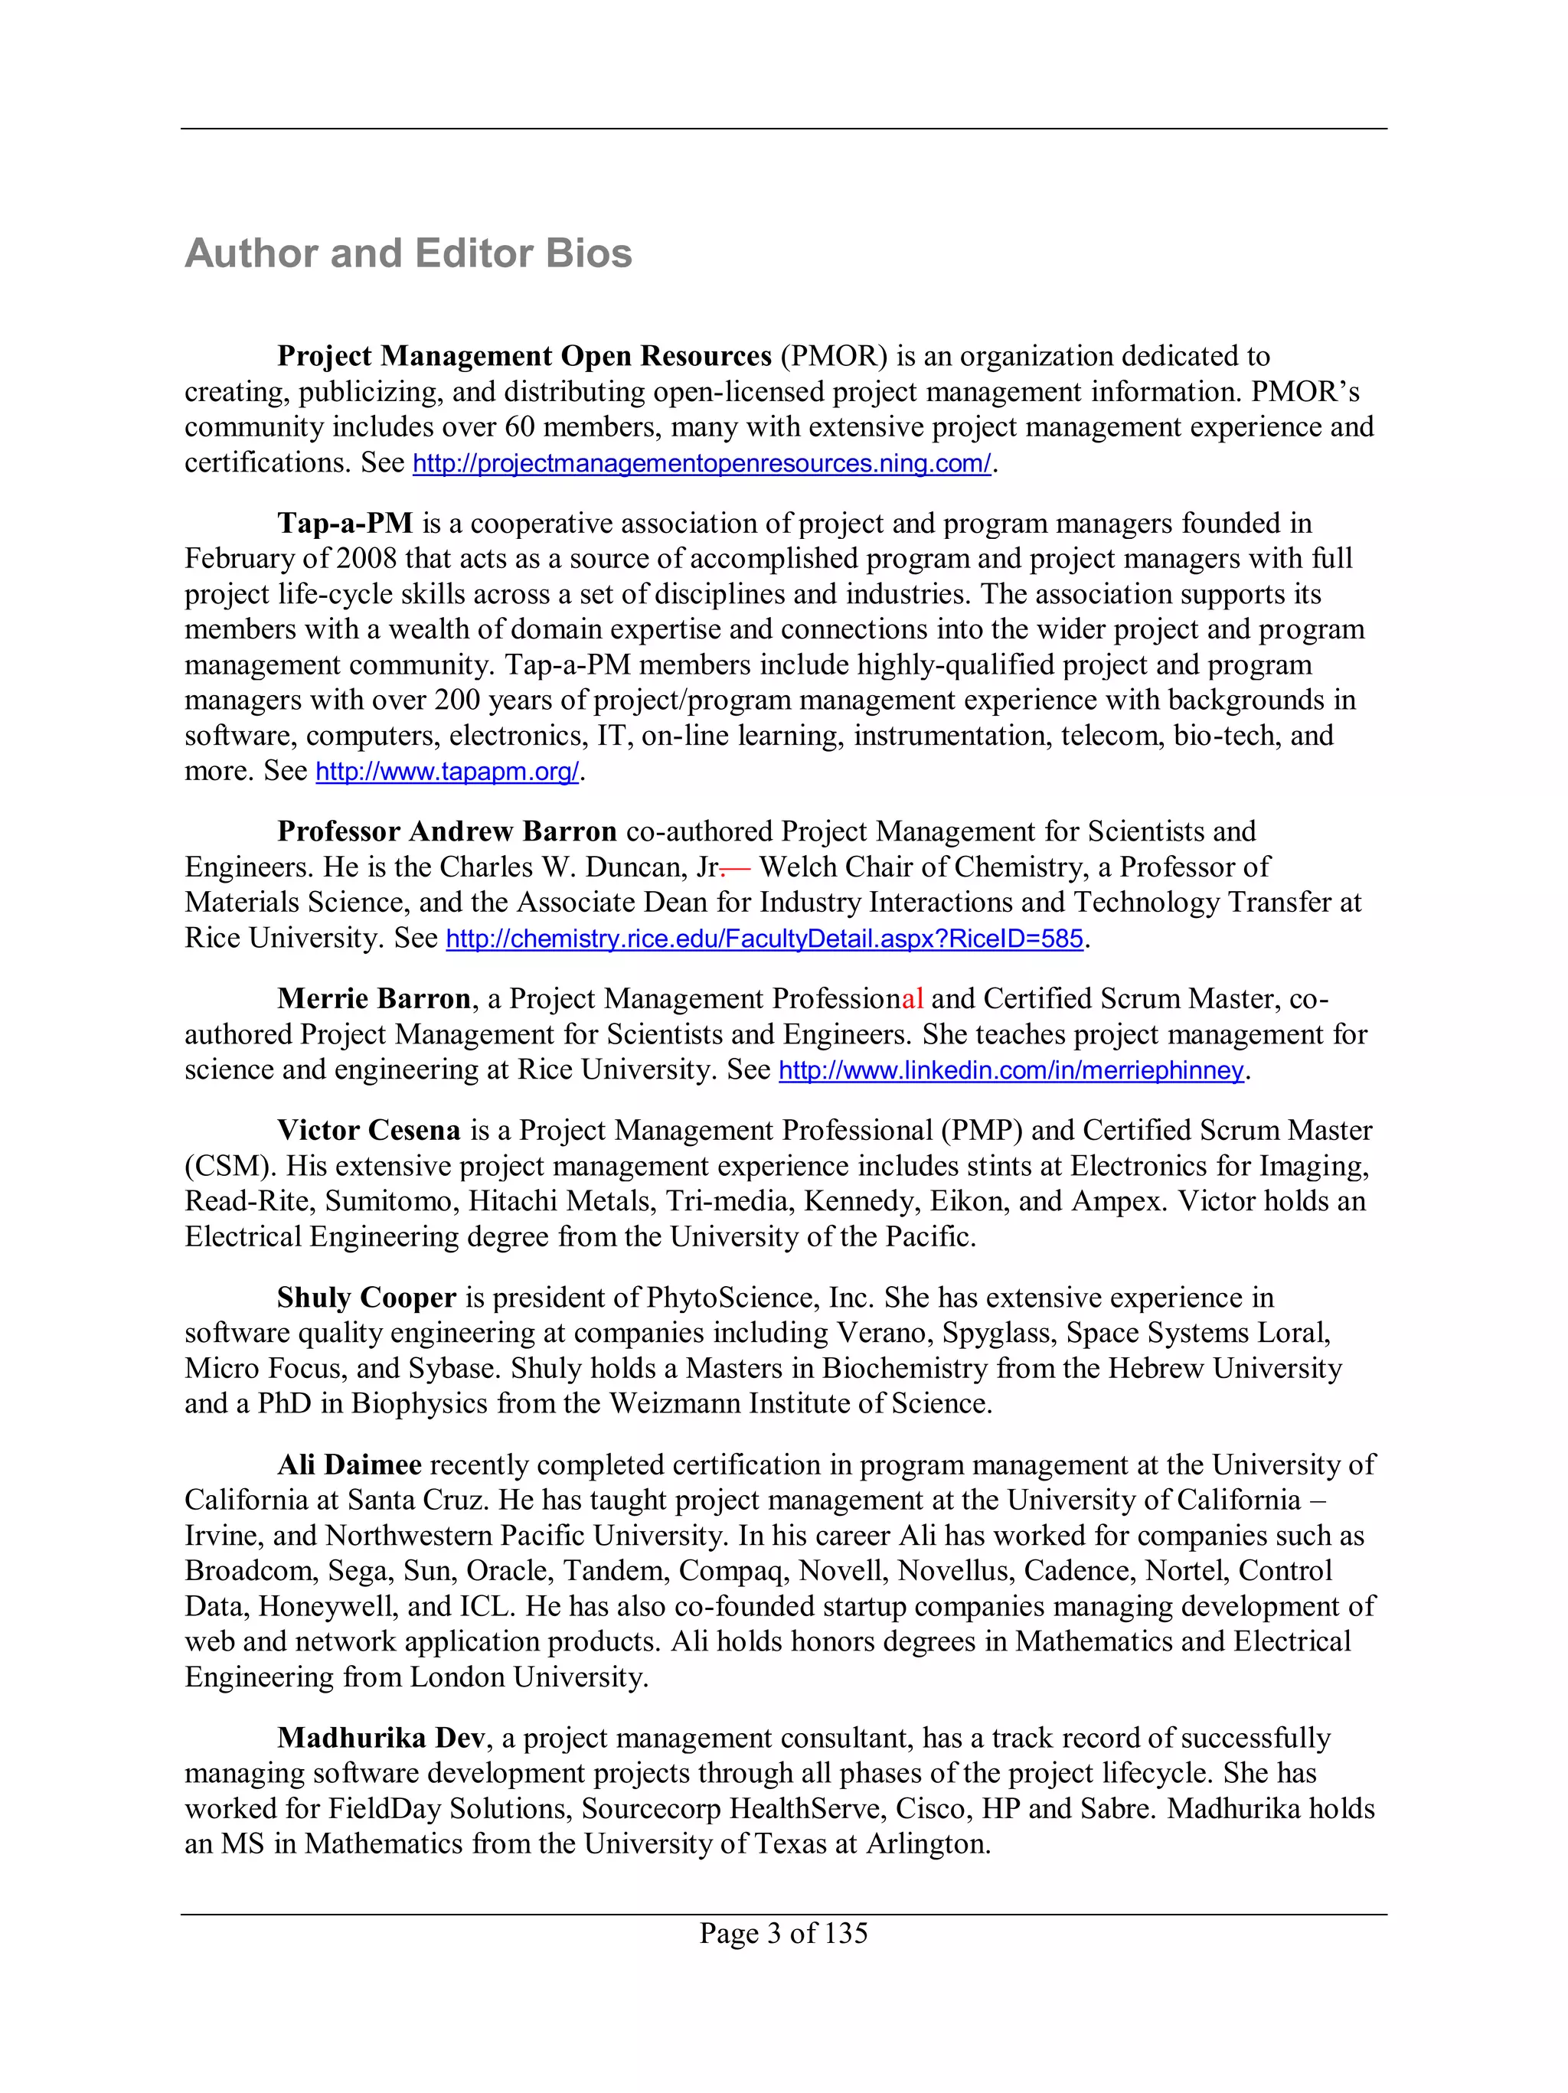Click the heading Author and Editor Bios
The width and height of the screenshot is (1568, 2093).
tap(408, 253)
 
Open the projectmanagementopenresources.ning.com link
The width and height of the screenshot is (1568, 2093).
tap(701, 464)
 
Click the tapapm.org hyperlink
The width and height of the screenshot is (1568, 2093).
tap(446, 772)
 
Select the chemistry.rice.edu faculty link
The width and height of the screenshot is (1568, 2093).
tap(763, 939)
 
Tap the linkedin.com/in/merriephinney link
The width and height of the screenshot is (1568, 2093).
tap(1010, 1070)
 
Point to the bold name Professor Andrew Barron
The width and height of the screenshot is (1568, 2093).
tap(446, 831)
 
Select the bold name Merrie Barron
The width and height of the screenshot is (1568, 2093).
tap(374, 999)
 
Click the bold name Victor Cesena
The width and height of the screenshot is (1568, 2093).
tap(368, 1131)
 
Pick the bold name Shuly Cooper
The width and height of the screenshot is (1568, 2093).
tap(366, 1298)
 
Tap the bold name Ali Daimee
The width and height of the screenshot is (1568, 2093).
tap(349, 1464)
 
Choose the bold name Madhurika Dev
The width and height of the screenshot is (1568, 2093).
tap(381, 1739)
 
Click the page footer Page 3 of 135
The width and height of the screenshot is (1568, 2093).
tap(782, 1933)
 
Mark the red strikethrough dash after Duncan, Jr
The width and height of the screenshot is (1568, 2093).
tap(734, 867)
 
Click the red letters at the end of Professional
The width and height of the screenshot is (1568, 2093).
tap(912, 999)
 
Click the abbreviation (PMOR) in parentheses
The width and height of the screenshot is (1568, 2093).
tap(833, 357)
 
